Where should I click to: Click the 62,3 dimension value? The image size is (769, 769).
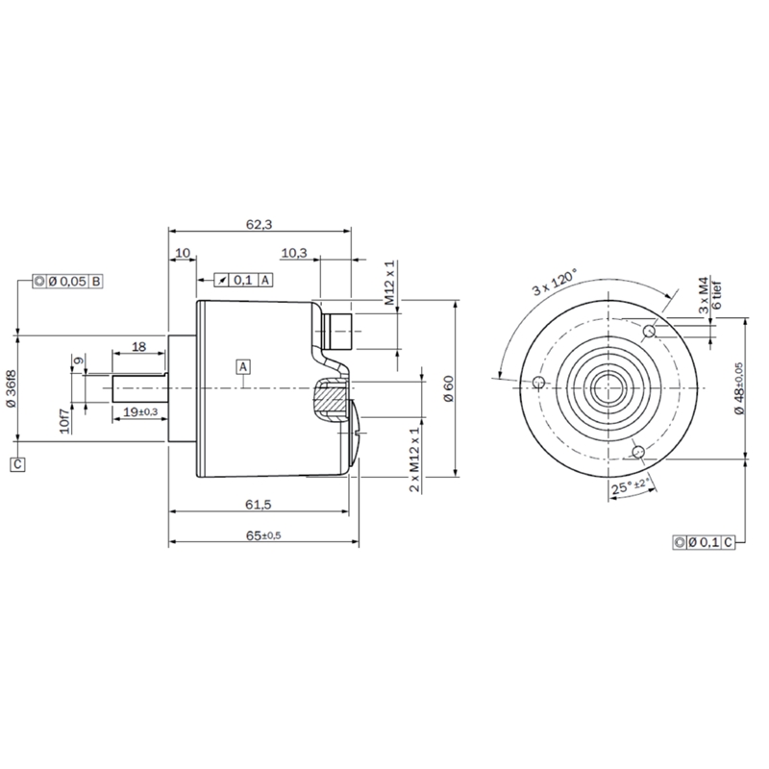pyautogui.click(x=259, y=225)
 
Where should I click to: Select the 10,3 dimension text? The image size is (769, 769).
pyautogui.click(x=294, y=253)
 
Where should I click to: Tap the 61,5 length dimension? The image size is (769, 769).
pyautogui.click(x=259, y=504)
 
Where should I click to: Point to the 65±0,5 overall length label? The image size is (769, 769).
pyautogui.click(x=263, y=535)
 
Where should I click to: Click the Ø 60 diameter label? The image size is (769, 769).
pyautogui.click(x=449, y=389)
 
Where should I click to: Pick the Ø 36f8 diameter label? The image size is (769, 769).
pyautogui.click(x=11, y=389)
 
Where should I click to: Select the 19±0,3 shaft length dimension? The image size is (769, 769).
pyautogui.click(x=140, y=412)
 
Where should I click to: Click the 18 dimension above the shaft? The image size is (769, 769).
pyautogui.click(x=139, y=347)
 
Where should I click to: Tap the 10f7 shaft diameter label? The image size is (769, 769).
pyautogui.click(x=64, y=420)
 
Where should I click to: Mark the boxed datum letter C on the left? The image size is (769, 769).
pyautogui.click(x=17, y=464)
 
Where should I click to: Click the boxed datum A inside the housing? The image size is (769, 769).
pyautogui.click(x=243, y=367)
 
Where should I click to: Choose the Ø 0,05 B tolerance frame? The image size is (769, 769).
pyautogui.click(x=67, y=282)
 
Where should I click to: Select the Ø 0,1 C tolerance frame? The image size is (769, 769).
pyautogui.click(x=704, y=542)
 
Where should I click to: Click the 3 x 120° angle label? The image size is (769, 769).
pyautogui.click(x=555, y=282)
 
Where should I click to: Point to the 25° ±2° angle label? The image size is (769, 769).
pyautogui.click(x=633, y=486)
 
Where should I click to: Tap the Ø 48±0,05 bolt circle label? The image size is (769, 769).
pyautogui.click(x=739, y=388)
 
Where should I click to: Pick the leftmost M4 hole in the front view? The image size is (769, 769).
pyautogui.click(x=539, y=382)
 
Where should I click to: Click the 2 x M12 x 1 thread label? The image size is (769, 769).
pyautogui.click(x=415, y=459)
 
